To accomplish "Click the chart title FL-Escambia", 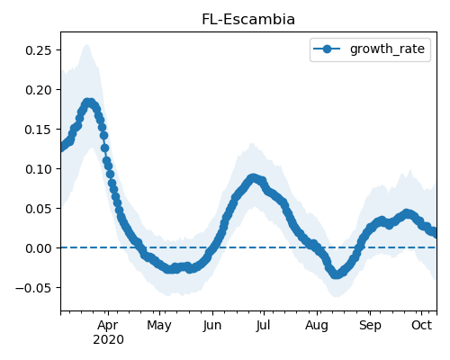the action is (x=248, y=20).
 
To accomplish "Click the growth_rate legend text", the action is (x=387, y=49).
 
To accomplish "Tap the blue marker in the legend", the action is (x=327, y=49).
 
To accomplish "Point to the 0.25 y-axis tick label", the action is (x=39, y=50).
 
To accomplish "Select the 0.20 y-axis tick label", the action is (x=39, y=90).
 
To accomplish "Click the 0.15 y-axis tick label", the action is (x=39, y=130).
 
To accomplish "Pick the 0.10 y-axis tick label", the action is (x=39, y=169).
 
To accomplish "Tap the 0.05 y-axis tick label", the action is (x=39, y=209).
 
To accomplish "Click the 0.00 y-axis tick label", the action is (x=39, y=248).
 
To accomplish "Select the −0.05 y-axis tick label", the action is (x=34, y=288).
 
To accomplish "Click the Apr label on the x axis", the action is (x=108, y=326).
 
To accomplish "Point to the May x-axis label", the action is (x=159, y=326).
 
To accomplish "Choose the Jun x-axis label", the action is (x=212, y=326).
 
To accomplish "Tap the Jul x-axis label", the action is (x=264, y=326).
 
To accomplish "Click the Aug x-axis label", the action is (x=317, y=326).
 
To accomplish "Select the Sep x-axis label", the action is (x=370, y=326).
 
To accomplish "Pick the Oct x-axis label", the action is (x=422, y=325).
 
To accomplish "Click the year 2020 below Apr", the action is (x=108, y=340).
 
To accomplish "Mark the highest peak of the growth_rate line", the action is (x=88, y=103).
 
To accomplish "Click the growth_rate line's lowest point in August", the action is (x=337, y=274).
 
